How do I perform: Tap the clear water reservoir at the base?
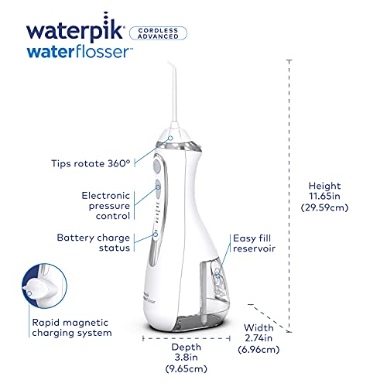[x=186, y=317]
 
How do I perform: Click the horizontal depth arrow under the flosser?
[x=185, y=337]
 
